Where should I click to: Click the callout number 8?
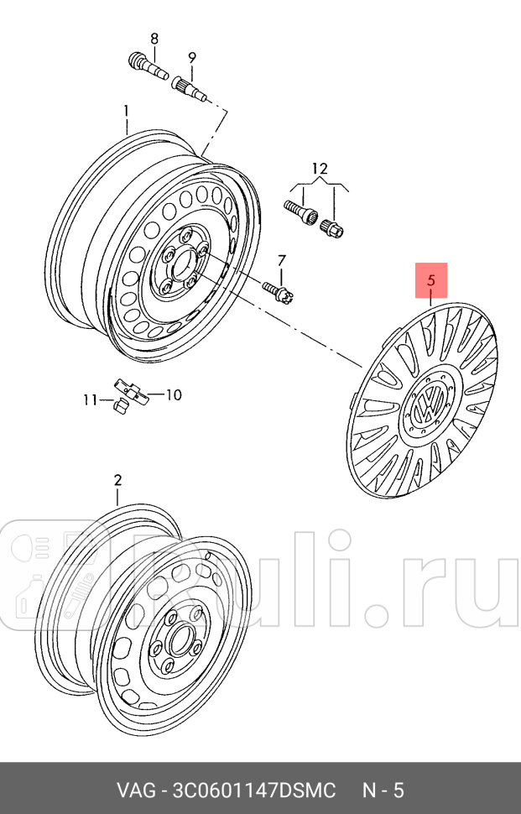pyautogui.click(x=154, y=38)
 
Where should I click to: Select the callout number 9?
pyautogui.click(x=191, y=57)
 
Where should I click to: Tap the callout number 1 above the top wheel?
pyautogui.click(x=127, y=110)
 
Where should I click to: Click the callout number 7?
pyautogui.click(x=281, y=260)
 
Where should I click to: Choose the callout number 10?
pyautogui.click(x=173, y=394)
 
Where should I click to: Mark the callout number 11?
pyautogui.click(x=90, y=400)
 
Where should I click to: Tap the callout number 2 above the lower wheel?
pyautogui.click(x=117, y=480)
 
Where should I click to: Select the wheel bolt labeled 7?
pyautogui.click(x=279, y=290)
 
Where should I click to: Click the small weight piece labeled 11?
pyautogui.click(x=118, y=405)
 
